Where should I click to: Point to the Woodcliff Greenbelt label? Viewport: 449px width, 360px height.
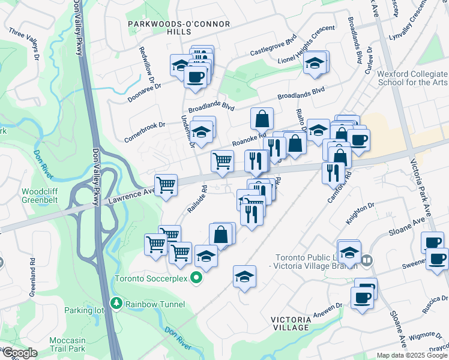[40, 196]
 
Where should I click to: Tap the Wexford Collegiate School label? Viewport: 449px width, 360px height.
[413, 78]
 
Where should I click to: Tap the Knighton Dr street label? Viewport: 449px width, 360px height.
[360, 213]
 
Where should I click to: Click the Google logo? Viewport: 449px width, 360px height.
[20, 353]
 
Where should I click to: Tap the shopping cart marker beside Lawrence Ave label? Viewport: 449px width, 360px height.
[166, 184]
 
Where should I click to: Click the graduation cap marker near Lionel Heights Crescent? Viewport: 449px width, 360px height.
[314, 63]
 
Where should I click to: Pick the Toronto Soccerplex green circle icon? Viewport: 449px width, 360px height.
[196, 278]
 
